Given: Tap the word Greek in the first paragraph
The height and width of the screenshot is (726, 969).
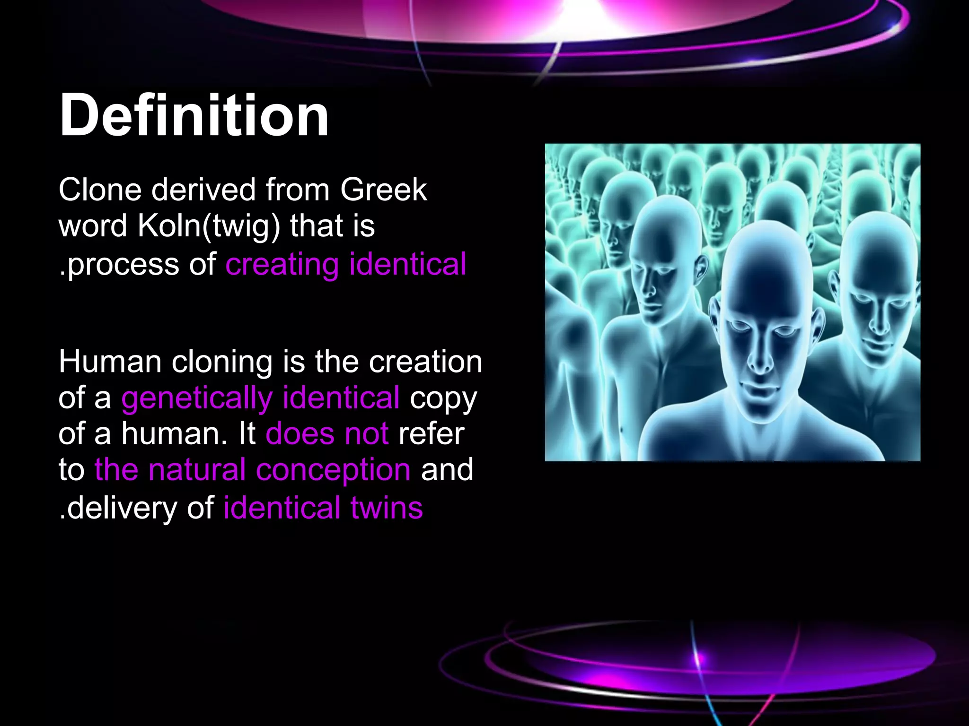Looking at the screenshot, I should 383,190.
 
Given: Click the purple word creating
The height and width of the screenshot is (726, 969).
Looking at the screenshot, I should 282,264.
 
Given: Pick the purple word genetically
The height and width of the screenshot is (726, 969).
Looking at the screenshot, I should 196,398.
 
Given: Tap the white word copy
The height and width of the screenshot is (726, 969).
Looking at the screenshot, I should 443,398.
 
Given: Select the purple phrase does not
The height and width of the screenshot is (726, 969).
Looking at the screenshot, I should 327,433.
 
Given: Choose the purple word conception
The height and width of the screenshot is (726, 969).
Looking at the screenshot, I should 333,470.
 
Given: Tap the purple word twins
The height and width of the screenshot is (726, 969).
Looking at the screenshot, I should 387,508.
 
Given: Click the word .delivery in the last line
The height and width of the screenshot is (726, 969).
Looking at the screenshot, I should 118,508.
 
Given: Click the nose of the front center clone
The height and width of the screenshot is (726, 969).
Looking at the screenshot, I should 761,359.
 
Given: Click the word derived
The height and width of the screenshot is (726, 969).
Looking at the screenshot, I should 203,190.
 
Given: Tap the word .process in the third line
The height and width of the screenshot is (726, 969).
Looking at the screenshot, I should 119,264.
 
